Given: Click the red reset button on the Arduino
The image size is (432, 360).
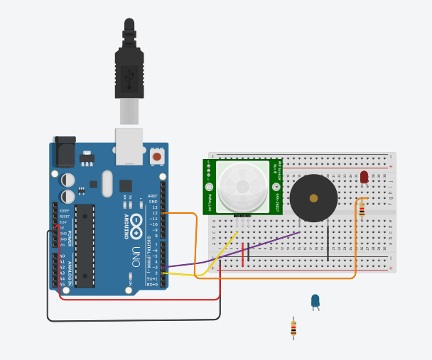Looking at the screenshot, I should click(156, 156).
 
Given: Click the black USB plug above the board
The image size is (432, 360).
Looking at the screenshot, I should click(129, 71).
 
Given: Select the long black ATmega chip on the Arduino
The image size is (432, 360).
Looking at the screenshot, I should click(85, 245).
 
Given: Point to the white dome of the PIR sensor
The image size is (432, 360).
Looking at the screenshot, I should click(242, 187).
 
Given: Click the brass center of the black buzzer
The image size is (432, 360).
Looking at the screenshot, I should click(313, 199).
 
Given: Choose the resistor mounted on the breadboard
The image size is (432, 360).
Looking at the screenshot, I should click(362, 209).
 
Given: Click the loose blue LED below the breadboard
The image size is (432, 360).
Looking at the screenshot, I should click(315, 301).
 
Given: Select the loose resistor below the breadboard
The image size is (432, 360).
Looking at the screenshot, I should click(293, 328).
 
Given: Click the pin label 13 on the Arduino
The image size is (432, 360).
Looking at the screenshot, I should click(155, 207).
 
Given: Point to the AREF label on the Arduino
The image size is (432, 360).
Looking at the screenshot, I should click(153, 197).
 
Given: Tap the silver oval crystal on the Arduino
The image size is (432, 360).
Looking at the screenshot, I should click(107, 183).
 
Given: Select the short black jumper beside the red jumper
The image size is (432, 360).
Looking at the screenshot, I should click(248, 253).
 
